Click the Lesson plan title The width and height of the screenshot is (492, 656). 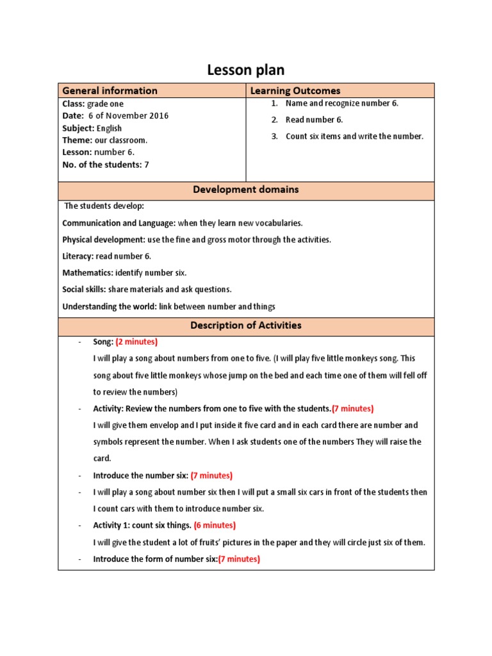246,70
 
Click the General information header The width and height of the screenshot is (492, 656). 110,91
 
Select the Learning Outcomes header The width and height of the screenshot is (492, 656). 295,91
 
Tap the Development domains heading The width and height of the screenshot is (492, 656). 246,190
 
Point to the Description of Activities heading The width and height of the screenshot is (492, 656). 246,325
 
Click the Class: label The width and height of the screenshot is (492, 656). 74,104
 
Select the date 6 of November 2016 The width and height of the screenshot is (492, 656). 128,116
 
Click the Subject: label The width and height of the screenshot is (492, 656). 78,128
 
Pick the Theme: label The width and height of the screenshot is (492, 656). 77,140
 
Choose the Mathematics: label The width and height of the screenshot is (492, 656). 88,273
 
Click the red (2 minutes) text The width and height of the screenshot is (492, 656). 136,342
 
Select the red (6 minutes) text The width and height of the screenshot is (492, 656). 215,525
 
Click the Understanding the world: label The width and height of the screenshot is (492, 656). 109,306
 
